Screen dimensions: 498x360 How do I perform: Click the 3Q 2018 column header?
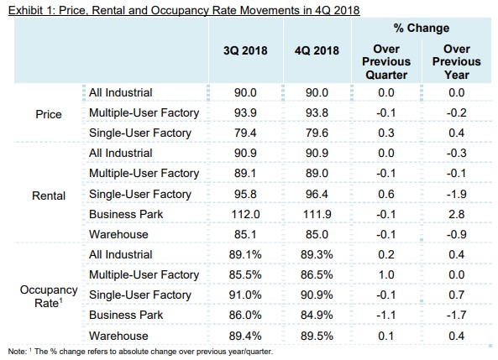click(x=245, y=50)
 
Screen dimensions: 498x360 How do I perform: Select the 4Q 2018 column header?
click(x=317, y=50)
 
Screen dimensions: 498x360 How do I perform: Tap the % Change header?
click(x=422, y=28)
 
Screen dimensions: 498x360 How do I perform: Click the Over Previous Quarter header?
click(x=386, y=61)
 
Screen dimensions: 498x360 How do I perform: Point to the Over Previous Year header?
click(x=456, y=61)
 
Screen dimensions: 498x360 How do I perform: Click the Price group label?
click(x=49, y=114)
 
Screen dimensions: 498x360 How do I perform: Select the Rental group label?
click(x=49, y=196)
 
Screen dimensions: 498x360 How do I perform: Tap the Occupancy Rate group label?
click(x=49, y=296)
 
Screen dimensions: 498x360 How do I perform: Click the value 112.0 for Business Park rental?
click(x=245, y=214)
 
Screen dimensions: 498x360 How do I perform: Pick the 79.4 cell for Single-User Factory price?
click(x=245, y=133)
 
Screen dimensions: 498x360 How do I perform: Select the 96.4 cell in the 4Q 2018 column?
click(x=317, y=194)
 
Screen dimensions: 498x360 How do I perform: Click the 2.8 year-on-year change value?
click(x=456, y=214)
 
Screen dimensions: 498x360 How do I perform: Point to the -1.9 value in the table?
click(x=456, y=194)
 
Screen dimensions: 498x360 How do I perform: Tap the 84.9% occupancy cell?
click(x=317, y=315)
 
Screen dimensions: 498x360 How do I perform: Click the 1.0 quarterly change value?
click(x=386, y=274)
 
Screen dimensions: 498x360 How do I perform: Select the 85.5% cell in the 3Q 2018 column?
click(x=245, y=274)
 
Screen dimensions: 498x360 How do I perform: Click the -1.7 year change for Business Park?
click(x=456, y=315)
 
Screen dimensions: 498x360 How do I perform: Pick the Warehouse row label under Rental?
click(x=118, y=234)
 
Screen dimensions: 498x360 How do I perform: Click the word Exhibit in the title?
click(x=25, y=10)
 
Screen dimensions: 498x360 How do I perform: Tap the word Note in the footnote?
click(x=17, y=352)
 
